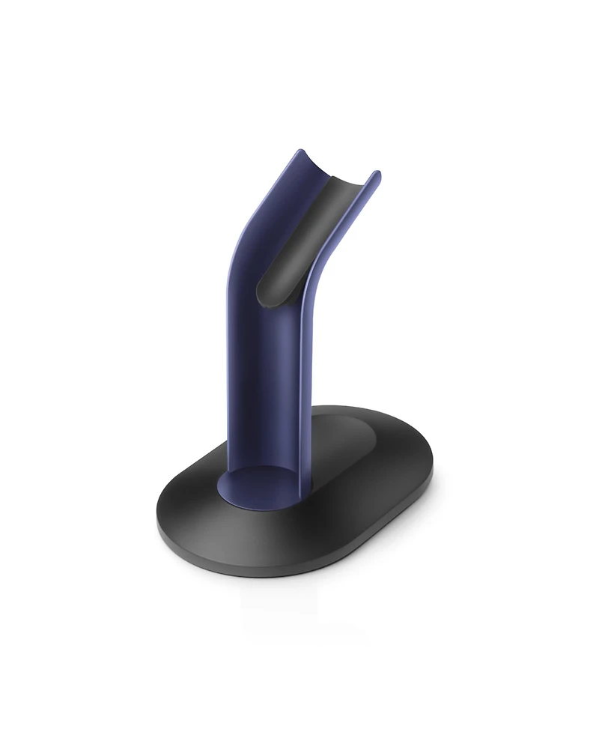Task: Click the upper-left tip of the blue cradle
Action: coord(299,151)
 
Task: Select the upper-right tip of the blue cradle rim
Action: coord(376,174)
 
